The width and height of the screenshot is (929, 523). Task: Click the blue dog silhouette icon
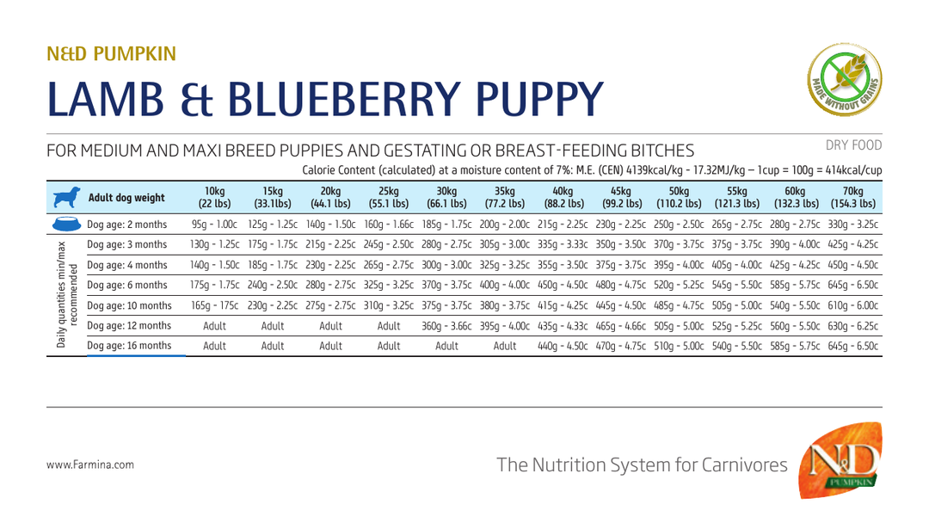(66, 197)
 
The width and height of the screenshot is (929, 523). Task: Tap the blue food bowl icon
(66, 224)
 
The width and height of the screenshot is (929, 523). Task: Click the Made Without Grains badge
(845, 79)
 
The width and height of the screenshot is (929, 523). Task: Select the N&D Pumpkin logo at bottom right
(840, 460)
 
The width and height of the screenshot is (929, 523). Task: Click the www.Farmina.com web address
(90, 465)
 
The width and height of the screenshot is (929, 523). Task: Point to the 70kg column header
(853, 197)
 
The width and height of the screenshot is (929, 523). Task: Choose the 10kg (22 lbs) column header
(214, 197)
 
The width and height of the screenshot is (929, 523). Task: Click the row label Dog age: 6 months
(127, 285)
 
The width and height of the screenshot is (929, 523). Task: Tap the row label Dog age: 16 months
(129, 345)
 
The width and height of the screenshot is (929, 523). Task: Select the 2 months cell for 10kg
(214, 225)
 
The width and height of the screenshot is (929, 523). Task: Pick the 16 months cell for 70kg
(853, 346)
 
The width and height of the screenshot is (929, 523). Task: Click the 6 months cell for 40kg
(563, 285)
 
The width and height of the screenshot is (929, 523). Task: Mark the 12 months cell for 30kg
(446, 326)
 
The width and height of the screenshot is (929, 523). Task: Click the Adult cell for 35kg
(505, 346)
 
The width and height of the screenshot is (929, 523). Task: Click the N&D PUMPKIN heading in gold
(111, 54)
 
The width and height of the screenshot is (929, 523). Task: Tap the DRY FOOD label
(854, 145)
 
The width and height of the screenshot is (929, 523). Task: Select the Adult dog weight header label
(126, 198)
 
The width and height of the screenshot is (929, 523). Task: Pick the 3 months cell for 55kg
(737, 244)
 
